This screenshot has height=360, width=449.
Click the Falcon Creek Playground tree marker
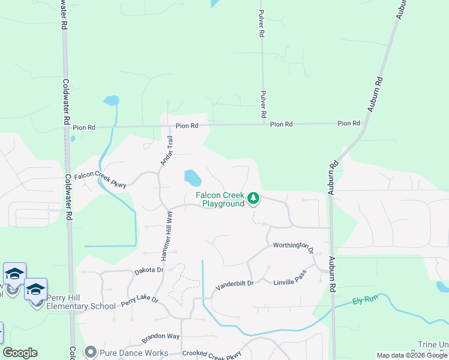pyautogui.click(x=253, y=197)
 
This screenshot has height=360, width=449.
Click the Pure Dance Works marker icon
pyautogui.click(x=91, y=352)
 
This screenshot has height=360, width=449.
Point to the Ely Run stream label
pyautogui.click(x=363, y=300)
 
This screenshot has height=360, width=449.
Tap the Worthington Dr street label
pyautogui.click(x=294, y=246)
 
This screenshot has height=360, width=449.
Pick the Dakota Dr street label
pyautogui.click(x=148, y=271)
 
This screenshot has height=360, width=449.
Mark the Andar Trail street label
pyautogui.click(x=166, y=151)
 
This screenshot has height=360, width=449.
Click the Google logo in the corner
pyautogui.click(x=20, y=353)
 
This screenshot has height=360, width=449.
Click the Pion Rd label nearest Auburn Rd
pyautogui.click(x=349, y=123)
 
